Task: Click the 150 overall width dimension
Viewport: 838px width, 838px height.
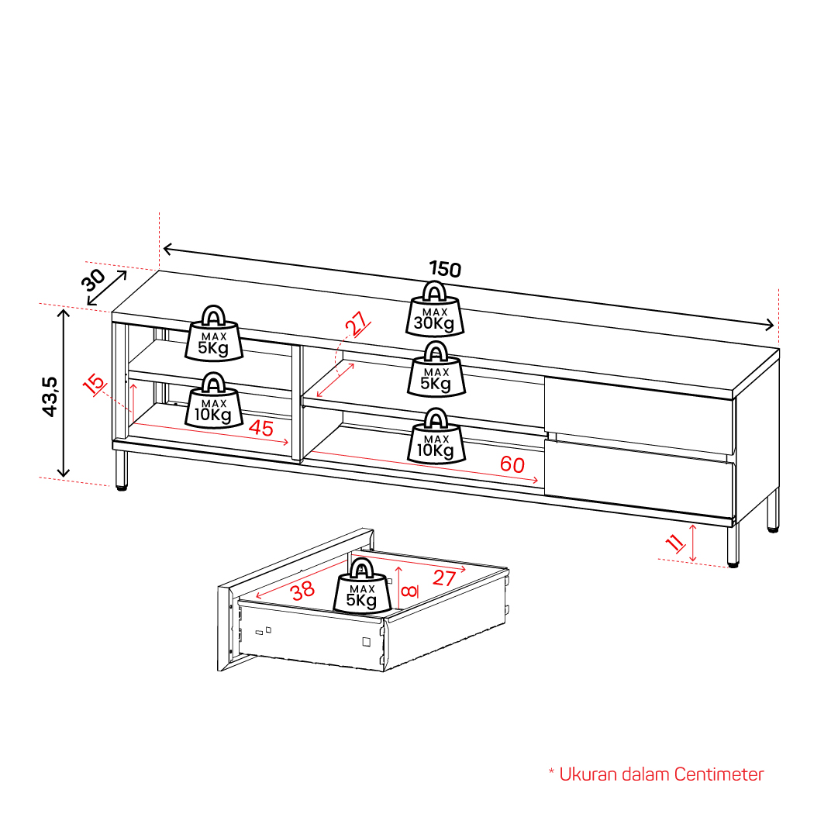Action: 445,269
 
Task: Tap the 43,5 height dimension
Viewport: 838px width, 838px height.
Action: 50,396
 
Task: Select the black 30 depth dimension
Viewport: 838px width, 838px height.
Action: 94,280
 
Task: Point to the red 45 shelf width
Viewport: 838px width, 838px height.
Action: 260,428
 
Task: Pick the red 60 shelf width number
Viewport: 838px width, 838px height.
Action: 512,464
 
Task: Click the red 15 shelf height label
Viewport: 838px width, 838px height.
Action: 95,384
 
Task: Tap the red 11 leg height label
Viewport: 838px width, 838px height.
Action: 675,543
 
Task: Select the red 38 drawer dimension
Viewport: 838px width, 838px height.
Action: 302,591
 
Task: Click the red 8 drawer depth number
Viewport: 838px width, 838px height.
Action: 409,591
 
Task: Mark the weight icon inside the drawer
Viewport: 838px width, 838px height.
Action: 362,585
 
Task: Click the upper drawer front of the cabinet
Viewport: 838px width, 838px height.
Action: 640,415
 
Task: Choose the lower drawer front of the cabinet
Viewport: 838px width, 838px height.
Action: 640,477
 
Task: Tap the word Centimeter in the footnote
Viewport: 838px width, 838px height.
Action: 719,774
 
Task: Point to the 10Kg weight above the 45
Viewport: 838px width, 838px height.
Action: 214,400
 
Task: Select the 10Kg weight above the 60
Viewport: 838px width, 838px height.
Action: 436,436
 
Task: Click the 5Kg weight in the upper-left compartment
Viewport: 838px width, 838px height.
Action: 214,333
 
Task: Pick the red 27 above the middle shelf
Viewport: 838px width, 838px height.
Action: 357,323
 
